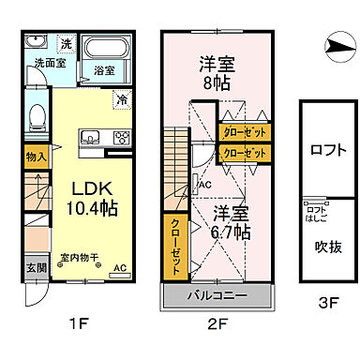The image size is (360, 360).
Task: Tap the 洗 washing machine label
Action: pos(67,44)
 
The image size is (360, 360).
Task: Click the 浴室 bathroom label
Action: pos(104,69)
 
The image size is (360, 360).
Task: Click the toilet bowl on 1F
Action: pos(35,116)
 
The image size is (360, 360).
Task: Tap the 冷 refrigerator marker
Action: pos(123,97)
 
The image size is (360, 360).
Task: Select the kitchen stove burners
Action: pos(121,137)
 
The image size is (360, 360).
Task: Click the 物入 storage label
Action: pos(34,157)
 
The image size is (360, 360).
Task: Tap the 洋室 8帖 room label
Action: pos(216,73)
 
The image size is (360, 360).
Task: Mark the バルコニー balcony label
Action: pos(221,296)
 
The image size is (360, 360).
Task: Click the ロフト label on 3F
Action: pos(324,148)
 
